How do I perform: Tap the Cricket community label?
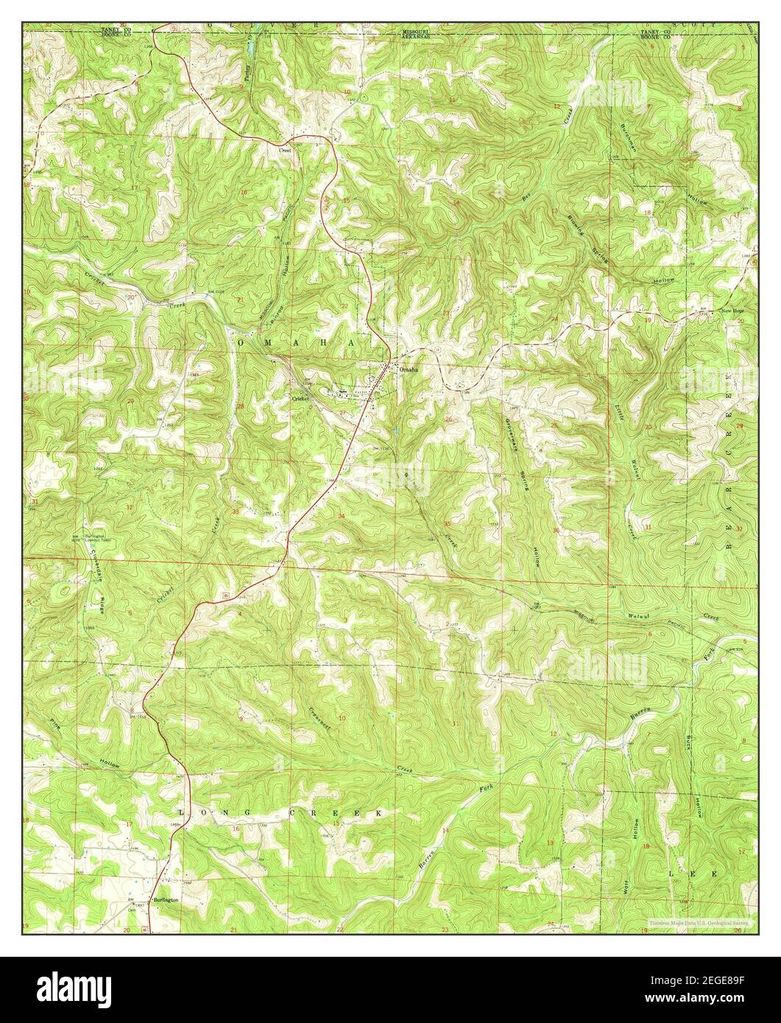pos(299,398)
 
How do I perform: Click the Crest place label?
pos(285,150)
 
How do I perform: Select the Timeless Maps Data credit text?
pos(699,922)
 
